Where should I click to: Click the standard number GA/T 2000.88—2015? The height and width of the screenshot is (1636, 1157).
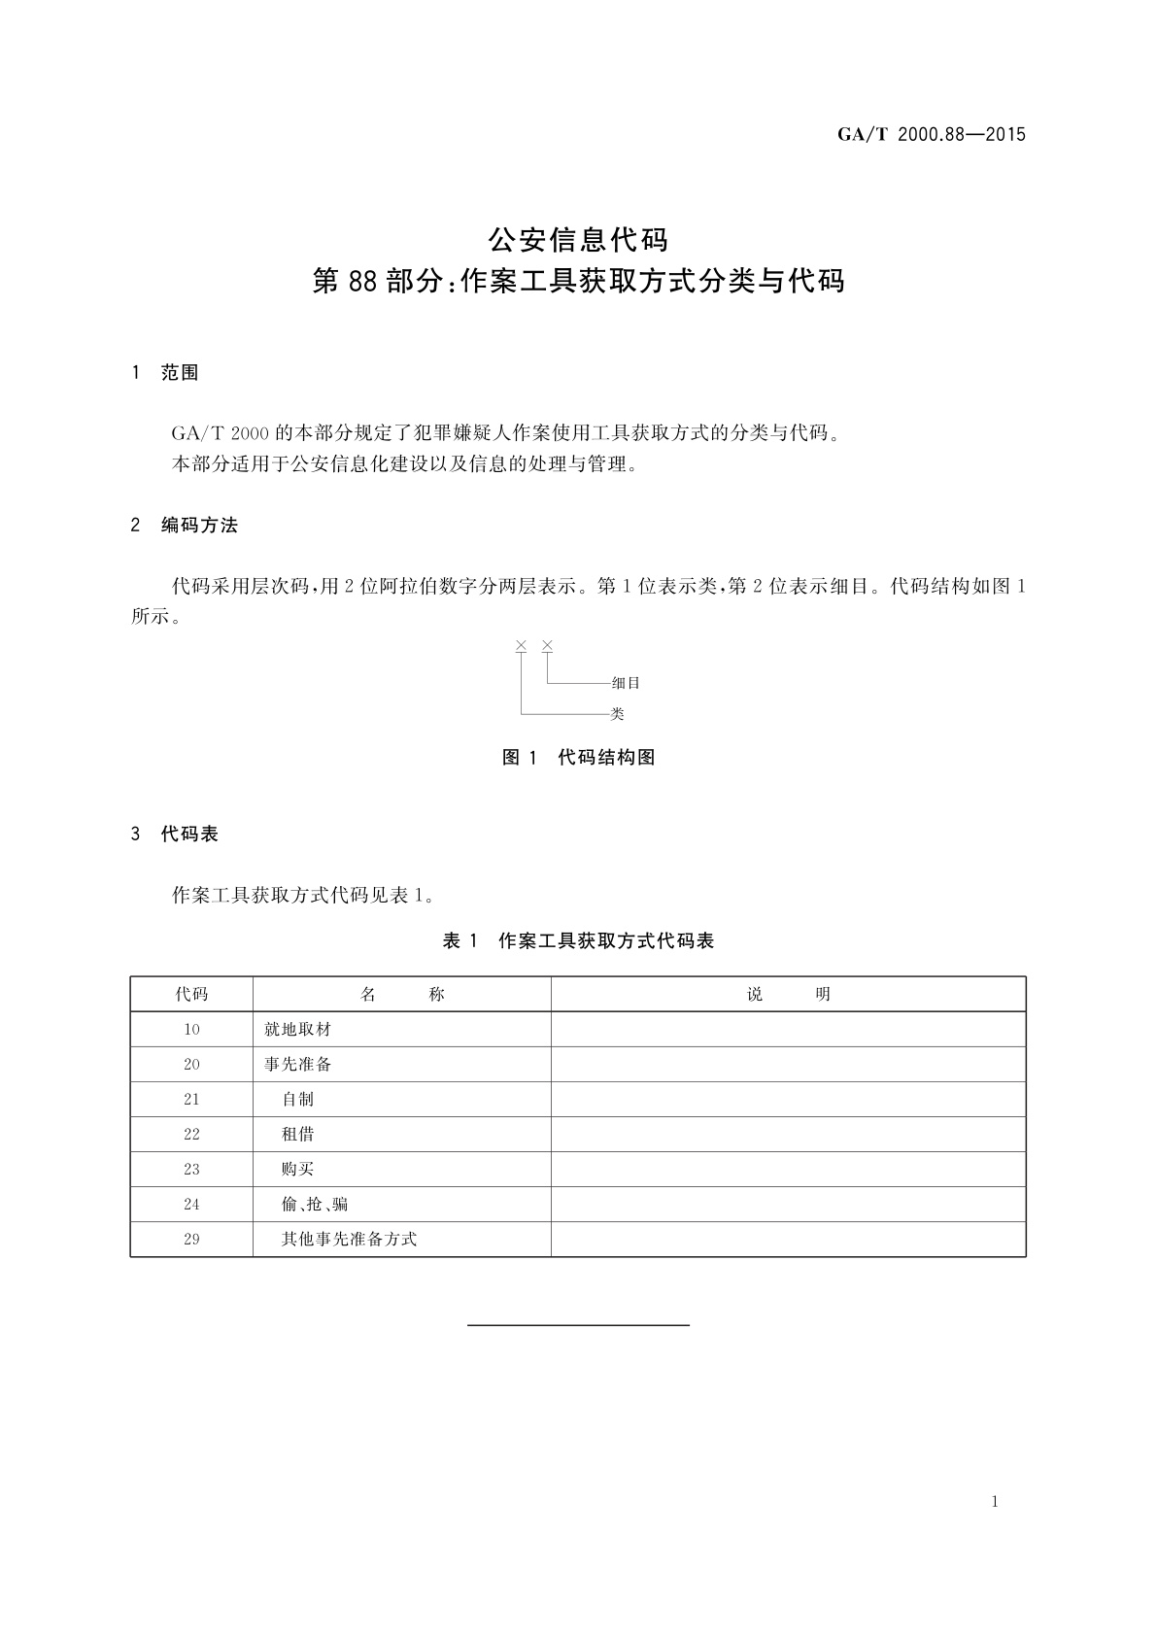(931, 135)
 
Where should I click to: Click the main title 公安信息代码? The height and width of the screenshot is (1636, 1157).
(578, 239)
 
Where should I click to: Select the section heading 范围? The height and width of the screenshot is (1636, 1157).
(180, 373)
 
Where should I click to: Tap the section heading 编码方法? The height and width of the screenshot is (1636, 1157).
(199, 526)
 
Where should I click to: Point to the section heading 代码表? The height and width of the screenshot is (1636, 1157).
(189, 834)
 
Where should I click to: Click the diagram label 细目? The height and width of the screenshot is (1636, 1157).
(626, 683)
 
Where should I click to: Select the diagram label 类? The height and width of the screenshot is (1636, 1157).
(617, 714)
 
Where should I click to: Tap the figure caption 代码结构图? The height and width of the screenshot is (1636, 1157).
(606, 758)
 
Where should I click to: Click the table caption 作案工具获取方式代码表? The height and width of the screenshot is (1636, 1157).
(606, 940)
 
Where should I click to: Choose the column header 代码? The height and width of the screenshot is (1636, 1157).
(191, 994)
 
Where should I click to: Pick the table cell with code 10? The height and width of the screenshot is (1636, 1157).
(191, 1030)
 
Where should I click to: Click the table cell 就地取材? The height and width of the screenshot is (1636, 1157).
(298, 1030)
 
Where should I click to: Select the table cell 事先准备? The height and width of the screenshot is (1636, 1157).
(298, 1065)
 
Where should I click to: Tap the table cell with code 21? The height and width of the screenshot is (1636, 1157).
(191, 1100)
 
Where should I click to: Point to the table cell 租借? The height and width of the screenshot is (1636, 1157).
(298, 1135)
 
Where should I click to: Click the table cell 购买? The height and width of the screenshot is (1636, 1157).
(298, 1170)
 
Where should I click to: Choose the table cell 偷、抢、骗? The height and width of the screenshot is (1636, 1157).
(315, 1205)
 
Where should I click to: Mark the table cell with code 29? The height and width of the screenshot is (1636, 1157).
(191, 1240)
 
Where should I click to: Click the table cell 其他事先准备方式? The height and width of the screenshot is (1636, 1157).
(349, 1240)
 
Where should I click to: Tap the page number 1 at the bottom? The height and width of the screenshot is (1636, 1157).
(995, 1502)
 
